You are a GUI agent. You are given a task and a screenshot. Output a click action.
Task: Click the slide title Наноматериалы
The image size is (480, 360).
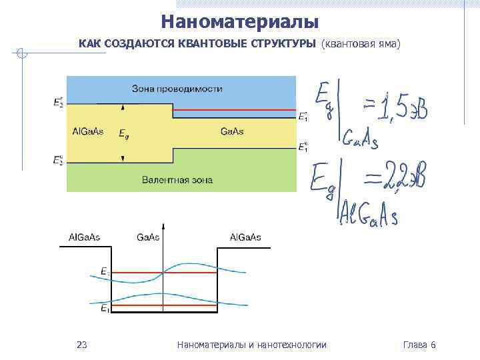240,23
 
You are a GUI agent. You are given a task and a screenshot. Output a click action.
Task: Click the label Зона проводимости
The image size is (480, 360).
177,89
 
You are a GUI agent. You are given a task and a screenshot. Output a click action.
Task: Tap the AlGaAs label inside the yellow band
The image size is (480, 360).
87,131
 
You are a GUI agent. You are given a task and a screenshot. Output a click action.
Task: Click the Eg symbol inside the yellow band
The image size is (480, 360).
124,133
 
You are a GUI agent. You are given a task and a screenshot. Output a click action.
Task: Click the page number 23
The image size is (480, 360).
82,345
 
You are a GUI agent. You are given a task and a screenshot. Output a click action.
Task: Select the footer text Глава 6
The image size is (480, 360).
419,345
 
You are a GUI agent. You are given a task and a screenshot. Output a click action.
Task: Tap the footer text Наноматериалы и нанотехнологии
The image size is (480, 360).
252,345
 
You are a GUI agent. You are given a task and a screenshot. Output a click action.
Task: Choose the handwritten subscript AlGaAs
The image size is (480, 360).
369,217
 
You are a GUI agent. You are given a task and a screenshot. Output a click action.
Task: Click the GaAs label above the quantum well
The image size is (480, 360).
148,237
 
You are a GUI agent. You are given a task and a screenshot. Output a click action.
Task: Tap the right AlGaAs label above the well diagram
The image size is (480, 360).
245,237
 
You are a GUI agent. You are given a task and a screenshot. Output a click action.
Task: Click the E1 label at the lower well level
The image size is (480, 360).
105,309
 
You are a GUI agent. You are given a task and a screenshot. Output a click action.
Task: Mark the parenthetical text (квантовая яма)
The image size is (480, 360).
361,44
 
